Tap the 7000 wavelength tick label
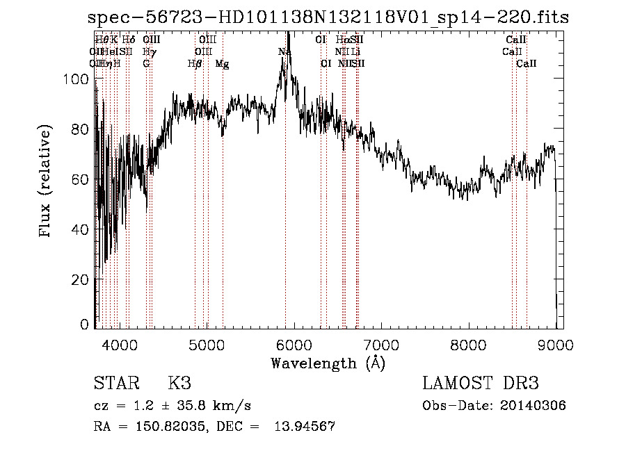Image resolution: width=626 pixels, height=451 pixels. coord(382,345)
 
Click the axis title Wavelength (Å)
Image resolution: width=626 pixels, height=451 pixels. coord(327,363)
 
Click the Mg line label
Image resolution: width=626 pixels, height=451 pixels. coord(222,64)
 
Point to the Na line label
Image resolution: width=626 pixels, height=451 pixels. coord(284,51)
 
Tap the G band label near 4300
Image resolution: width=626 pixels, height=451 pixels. coord(146,64)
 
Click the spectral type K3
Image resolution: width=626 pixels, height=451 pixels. coord(179,384)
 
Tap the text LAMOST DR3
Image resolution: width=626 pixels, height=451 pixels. coord(481,384)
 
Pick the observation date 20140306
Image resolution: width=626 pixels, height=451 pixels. coord(532,406)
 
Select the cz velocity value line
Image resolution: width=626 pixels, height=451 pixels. coord(172,406)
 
